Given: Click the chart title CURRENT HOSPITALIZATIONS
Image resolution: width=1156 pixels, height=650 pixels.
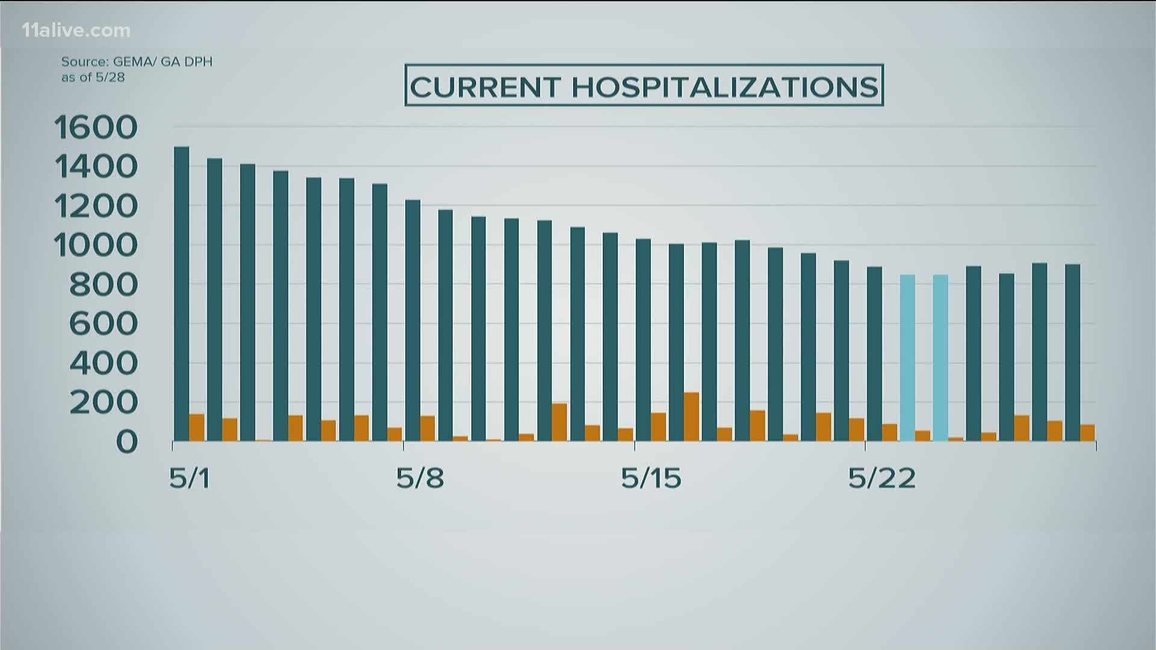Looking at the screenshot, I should click(x=644, y=86).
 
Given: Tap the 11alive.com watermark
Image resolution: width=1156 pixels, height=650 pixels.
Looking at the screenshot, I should click(x=76, y=30).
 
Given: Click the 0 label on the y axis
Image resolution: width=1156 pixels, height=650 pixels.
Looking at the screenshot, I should click(x=127, y=442).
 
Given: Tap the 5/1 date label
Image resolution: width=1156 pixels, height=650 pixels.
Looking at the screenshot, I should click(x=189, y=478).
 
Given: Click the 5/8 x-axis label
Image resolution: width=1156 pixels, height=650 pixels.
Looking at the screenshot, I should click(x=420, y=478).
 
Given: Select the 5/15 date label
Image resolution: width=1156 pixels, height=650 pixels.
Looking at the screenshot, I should click(x=651, y=478).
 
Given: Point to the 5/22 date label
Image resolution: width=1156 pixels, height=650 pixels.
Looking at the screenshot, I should click(x=882, y=478).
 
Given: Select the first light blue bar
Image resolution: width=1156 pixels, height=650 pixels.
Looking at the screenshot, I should click(x=907, y=357).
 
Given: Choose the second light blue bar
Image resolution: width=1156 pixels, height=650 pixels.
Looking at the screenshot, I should click(x=940, y=357).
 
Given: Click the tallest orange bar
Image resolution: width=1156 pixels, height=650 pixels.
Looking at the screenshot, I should click(x=691, y=416).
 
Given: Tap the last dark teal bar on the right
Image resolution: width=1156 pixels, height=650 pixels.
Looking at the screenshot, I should click(x=1072, y=352).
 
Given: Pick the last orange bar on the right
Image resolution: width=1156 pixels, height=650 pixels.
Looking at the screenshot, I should click(x=1087, y=433).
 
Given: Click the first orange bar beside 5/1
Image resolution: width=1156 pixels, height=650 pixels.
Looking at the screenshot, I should click(x=197, y=427).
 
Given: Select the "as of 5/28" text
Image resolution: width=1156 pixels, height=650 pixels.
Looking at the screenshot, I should click(x=93, y=78).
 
